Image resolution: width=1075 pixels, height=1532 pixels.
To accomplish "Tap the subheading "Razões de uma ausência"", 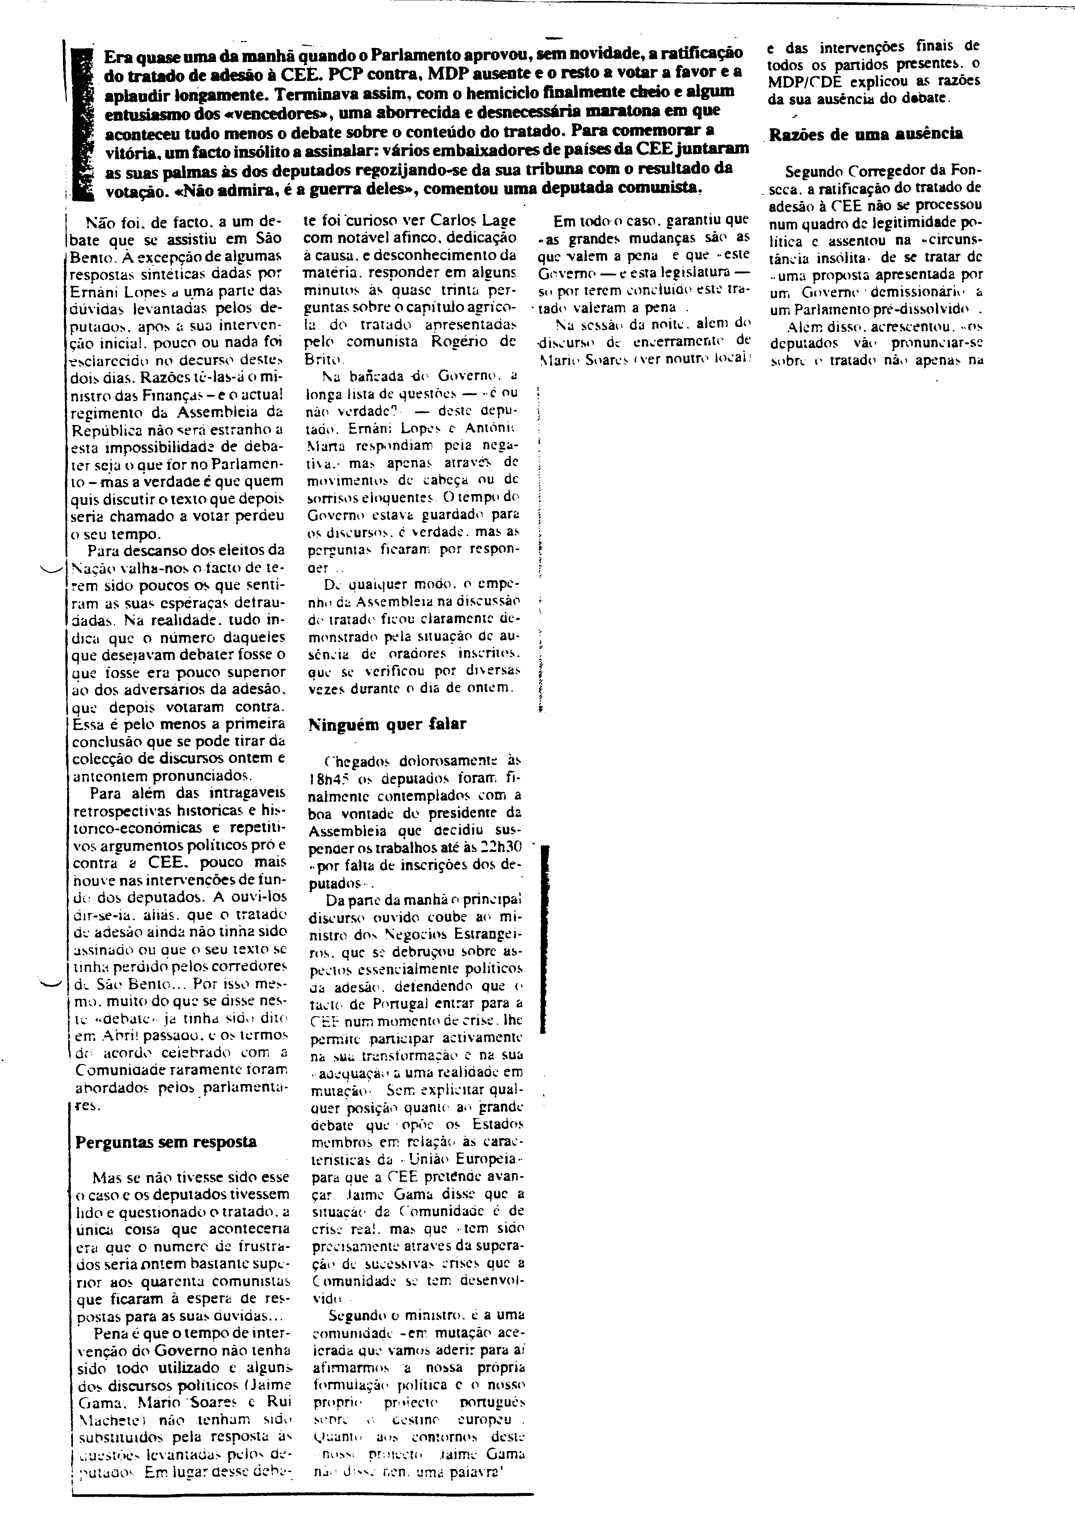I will point(866,133).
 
